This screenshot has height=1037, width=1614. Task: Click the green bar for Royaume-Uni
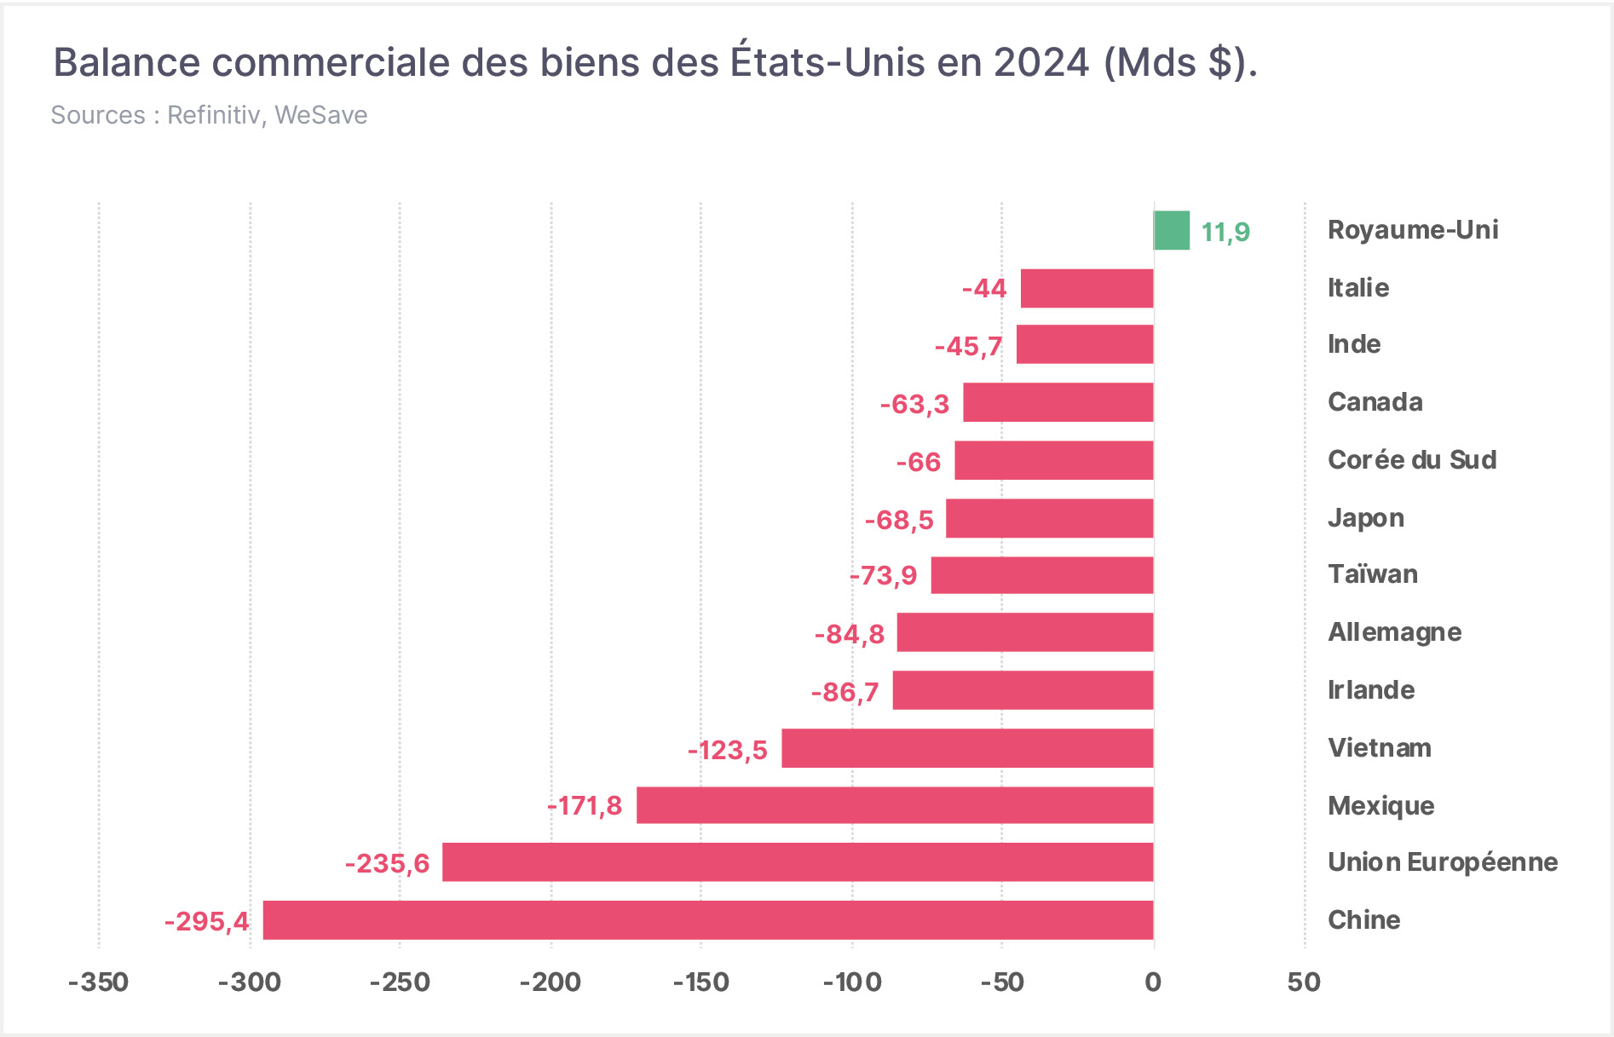click(1172, 230)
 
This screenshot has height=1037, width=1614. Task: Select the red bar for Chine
click(708, 919)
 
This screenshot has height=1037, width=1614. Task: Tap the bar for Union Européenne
click(798, 861)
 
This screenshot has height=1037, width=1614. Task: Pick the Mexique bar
click(895, 804)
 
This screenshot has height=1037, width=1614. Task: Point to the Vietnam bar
click(968, 747)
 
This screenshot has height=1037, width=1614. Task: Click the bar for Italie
click(1087, 288)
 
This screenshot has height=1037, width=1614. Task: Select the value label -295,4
click(207, 921)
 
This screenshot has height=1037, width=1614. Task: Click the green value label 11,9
click(1225, 232)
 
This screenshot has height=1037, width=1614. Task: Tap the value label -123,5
click(728, 750)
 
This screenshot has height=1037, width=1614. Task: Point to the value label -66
click(919, 462)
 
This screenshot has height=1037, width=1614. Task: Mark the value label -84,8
click(850, 634)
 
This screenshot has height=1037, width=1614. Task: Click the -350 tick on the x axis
click(99, 982)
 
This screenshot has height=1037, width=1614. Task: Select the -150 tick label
click(701, 982)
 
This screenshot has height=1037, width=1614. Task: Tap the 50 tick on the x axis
click(1305, 982)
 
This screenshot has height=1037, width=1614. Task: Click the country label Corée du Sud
click(1412, 459)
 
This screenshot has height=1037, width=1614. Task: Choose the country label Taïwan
click(1373, 573)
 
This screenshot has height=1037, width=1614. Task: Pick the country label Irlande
click(1371, 689)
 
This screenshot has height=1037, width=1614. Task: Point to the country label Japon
click(1366, 518)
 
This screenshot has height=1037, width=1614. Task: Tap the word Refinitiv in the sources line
click(214, 115)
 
